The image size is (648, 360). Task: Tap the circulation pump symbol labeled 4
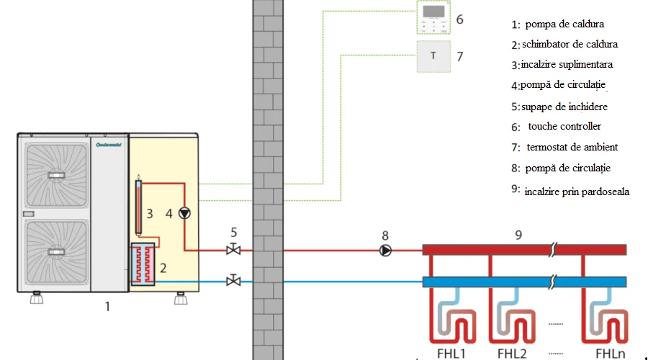click(x=185, y=212)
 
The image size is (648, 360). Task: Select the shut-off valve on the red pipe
click(x=233, y=250)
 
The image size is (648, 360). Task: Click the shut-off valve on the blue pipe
click(x=233, y=280)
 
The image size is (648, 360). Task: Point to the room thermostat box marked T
click(x=433, y=56)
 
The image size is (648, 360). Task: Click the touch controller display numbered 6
click(x=433, y=17)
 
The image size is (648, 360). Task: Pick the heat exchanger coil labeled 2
click(x=143, y=264)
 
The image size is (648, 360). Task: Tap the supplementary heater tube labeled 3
click(x=138, y=206)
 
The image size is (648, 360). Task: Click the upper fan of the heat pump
click(x=56, y=175)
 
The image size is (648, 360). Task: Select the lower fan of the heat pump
click(x=56, y=252)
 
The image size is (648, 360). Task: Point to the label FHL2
click(x=513, y=354)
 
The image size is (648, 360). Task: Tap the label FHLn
click(x=610, y=354)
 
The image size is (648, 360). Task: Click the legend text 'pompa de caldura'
click(x=564, y=24)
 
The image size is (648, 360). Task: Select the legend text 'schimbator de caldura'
click(x=570, y=44)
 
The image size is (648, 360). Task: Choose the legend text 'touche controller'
click(x=564, y=126)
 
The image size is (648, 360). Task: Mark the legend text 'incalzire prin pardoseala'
click(x=577, y=192)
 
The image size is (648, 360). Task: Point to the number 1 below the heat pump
click(x=107, y=306)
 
